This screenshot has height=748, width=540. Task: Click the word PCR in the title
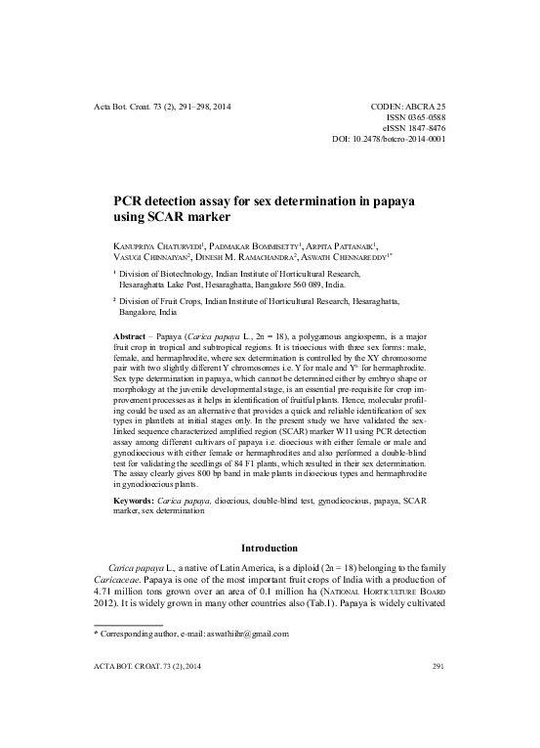tap(132, 201)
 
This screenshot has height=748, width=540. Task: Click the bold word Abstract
tap(135, 334)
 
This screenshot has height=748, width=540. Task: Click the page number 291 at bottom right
tap(437, 694)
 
